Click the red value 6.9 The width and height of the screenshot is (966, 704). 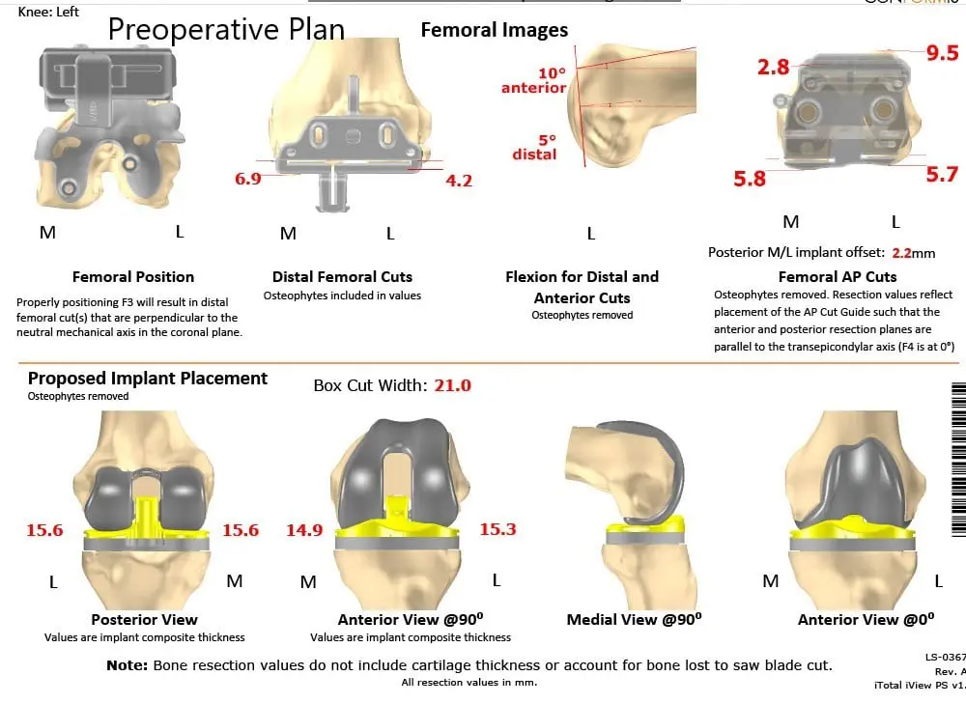tap(247, 179)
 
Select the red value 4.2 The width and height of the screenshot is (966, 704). tap(459, 180)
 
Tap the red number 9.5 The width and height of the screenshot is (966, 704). tap(942, 53)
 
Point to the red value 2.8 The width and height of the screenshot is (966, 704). tap(773, 67)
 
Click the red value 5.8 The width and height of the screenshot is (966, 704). tap(750, 179)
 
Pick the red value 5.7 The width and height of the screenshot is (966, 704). tap(941, 174)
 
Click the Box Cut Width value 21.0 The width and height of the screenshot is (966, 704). tap(452, 385)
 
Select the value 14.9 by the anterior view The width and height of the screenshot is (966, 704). tap(304, 529)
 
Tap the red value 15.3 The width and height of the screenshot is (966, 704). tap(497, 529)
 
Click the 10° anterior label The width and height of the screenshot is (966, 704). tap(533, 81)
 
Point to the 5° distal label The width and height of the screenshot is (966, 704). tap(534, 147)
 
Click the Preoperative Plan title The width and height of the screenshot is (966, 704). tap(226, 29)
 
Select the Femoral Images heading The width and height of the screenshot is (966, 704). tap(495, 30)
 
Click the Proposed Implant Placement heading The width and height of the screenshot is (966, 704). tap(148, 378)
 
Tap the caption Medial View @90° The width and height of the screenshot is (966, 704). tap(634, 619)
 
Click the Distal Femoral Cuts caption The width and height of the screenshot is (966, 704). tap(342, 276)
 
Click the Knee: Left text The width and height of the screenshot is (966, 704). tap(49, 12)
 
